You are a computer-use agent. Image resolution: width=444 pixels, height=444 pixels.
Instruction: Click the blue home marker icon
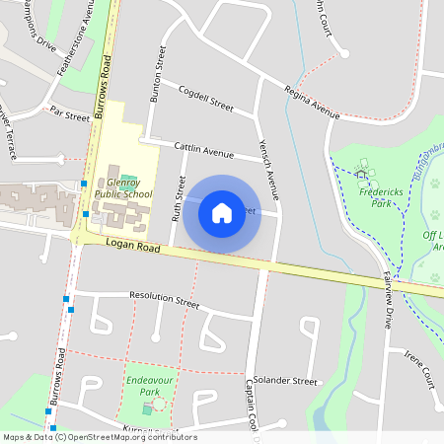[222, 212]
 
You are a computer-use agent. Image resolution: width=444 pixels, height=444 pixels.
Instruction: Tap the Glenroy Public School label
[123, 188]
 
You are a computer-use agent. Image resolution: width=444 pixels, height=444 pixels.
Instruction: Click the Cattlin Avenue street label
[203, 151]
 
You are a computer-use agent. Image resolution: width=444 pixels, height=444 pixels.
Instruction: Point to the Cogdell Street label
[205, 99]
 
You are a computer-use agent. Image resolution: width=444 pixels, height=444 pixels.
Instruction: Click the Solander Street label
[285, 380]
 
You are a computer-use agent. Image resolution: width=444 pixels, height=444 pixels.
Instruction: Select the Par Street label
[69, 115]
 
